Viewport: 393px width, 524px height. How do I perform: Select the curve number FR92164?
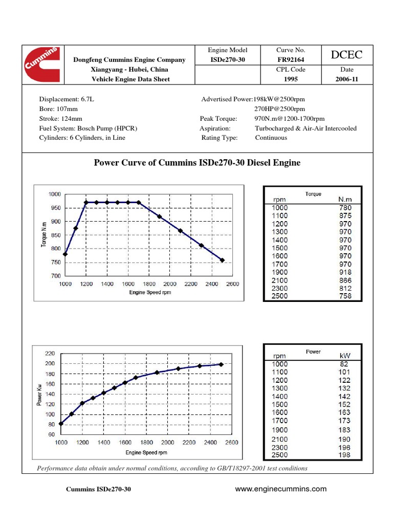pyautogui.click(x=291, y=60)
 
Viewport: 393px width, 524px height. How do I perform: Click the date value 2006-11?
pyautogui.click(x=342, y=79)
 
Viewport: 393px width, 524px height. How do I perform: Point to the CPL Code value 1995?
pyautogui.click(x=291, y=79)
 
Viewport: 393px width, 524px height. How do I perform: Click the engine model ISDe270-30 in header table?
pyautogui.click(x=228, y=60)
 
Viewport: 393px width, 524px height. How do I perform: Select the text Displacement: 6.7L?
pyautogui.click(x=64, y=99)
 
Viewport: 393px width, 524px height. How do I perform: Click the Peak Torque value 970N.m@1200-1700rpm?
pyautogui.click(x=289, y=119)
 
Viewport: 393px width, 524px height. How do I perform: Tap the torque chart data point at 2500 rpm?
pyautogui.click(x=222, y=260)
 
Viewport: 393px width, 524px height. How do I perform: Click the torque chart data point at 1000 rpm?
pyautogui.click(x=65, y=254)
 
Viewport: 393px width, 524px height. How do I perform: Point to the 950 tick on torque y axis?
pyautogui.click(x=54, y=208)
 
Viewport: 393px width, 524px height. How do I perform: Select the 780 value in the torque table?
pyautogui.click(x=345, y=208)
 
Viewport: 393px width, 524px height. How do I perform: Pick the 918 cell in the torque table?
pyautogui.click(x=345, y=272)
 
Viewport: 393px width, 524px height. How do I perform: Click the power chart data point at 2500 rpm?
pyautogui.click(x=221, y=364)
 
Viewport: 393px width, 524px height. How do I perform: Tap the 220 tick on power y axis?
pyautogui.click(x=50, y=353)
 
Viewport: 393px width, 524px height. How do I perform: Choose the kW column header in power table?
pyautogui.click(x=344, y=355)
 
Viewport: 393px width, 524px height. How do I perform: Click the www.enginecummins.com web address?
pyautogui.click(x=280, y=489)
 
